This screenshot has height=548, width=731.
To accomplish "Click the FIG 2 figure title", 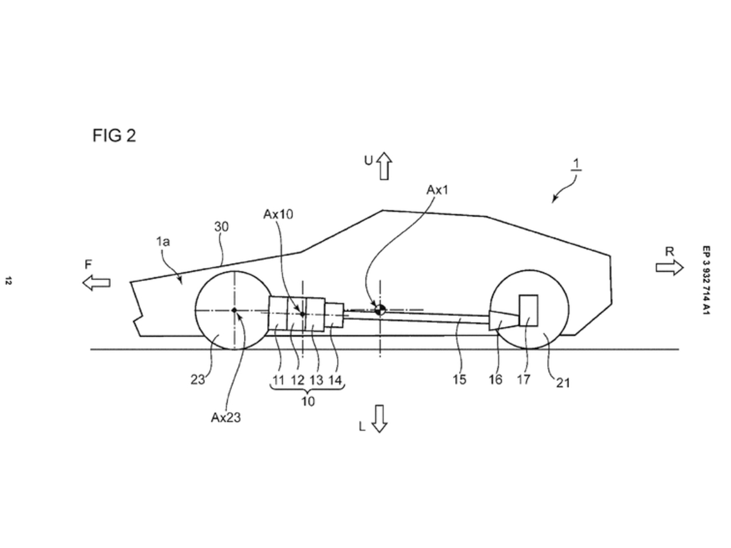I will pyautogui.click(x=114, y=136).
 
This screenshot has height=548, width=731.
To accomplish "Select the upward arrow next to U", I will pyautogui.click(x=384, y=166).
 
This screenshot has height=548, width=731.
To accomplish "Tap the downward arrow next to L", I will pyautogui.click(x=379, y=418).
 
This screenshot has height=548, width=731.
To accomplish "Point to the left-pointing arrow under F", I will pyautogui.click(x=96, y=282).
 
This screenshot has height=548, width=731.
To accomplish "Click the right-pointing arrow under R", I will pyautogui.click(x=669, y=268).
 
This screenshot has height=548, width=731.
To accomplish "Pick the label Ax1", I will pyautogui.click(x=437, y=190).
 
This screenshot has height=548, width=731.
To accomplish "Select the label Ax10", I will pyautogui.click(x=278, y=214).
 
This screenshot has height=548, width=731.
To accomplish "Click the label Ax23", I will pyautogui.click(x=226, y=417).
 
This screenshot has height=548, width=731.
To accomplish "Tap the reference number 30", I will pyautogui.click(x=222, y=227).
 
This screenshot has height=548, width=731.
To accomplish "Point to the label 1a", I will pyautogui.click(x=163, y=241).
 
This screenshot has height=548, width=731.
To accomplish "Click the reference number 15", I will pyautogui.click(x=459, y=379).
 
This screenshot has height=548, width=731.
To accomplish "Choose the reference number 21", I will pyautogui.click(x=563, y=383).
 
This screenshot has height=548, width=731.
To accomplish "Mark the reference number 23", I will pyautogui.click(x=198, y=379).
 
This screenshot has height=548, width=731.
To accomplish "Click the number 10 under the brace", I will pyautogui.click(x=307, y=401).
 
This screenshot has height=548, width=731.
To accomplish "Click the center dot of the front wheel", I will pyautogui.click(x=234, y=310).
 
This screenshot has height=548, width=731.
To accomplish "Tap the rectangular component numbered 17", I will pyautogui.click(x=528, y=311).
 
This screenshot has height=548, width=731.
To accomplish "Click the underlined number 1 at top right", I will pyautogui.click(x=577, y=164).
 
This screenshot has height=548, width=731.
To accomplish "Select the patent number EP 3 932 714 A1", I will pyautogui.click(x=706, y=281).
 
